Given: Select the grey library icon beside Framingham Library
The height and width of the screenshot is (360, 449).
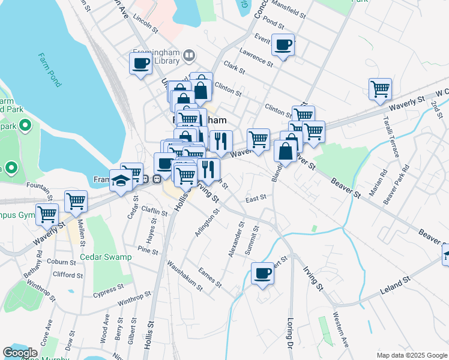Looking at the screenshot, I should [x=189, y=56].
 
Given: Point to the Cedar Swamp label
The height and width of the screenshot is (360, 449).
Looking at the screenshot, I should [x=106, y=257].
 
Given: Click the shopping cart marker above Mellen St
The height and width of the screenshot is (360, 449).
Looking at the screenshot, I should [x=76, y=202].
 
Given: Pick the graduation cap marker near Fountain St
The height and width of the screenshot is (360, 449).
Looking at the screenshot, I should [x=121, y=181].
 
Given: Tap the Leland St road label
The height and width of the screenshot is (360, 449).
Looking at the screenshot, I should [x=395, y=286].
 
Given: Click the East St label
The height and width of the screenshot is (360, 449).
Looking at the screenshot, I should [x=255, y=197].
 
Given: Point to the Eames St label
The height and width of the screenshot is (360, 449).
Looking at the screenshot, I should [x=210, y=276].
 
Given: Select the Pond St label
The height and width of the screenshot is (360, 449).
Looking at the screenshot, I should [x=273, y=23].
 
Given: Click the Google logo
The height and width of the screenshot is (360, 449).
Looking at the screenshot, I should [x=20, y=353].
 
